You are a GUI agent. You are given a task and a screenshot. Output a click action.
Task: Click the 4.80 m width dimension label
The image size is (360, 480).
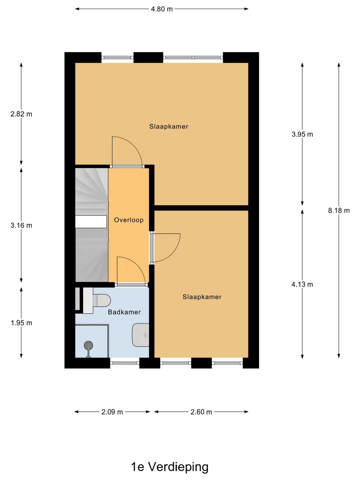(x=162, y=9)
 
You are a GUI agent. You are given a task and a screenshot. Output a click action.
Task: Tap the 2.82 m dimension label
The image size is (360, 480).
(x=21, y=114)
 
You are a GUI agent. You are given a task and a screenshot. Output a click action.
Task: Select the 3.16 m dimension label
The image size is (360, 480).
(x=21, y=225)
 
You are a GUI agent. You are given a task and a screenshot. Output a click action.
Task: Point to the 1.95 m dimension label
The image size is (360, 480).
(x=21, y=323)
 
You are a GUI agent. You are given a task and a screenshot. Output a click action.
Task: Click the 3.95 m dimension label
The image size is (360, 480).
(x=302, y=134)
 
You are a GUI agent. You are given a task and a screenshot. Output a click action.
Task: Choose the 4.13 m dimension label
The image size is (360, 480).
(x=302, y=284)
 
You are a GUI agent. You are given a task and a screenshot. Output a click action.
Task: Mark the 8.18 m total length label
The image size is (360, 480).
(x=339, y=210)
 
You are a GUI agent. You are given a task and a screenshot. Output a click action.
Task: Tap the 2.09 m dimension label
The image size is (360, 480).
(x=112, y=412)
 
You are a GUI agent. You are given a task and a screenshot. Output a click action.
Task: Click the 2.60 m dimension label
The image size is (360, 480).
(x=201, y=412)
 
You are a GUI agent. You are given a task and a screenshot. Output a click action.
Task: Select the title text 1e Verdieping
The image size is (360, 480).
(x=170, y=467)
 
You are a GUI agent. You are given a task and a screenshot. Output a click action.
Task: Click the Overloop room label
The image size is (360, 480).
(x=129, y=220)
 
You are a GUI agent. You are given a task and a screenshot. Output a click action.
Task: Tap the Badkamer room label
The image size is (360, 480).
(x=124, y=312)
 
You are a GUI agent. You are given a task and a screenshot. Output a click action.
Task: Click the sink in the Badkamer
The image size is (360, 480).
(x=140, y=335)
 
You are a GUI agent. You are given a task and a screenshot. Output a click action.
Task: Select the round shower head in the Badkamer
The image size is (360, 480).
(x=88, y=345)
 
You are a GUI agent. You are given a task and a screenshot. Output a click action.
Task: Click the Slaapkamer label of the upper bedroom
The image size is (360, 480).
(x=169, y=127)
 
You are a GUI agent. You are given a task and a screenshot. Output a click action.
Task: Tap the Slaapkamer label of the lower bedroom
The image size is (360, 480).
(x=202, y=297)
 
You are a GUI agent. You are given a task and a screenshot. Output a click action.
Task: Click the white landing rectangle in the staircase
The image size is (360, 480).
(x=91, y=222)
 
